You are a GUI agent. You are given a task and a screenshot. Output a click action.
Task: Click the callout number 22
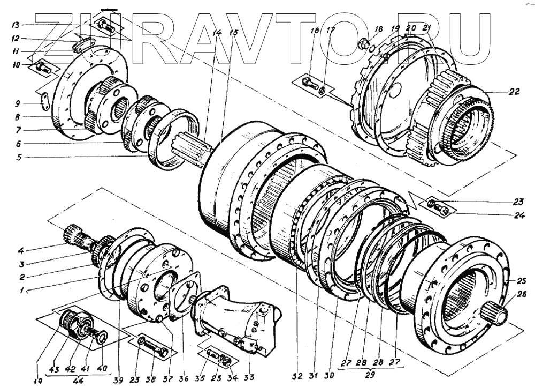pos(514,92)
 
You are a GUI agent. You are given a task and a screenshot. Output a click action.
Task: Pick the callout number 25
pos(522,280)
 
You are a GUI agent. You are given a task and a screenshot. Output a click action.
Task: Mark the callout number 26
pos(522,294)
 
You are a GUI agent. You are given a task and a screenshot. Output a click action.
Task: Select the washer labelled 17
pos(321,90)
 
